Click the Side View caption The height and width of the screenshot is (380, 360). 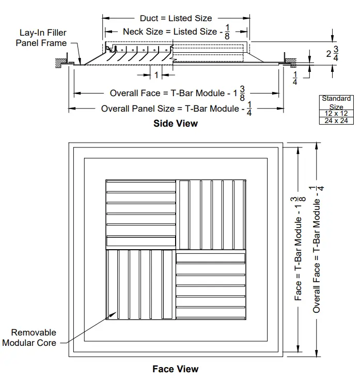175,124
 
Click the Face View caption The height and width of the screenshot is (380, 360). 175,369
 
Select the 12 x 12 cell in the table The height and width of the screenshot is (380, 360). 336,113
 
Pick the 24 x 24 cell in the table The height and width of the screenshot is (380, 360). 336,120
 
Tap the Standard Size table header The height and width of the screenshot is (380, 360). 336,102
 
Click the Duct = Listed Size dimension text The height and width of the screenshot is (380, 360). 176,18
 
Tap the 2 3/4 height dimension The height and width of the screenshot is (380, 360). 332,53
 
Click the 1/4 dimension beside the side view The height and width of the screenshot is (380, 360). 295,78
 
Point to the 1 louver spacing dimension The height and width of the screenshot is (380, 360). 156,75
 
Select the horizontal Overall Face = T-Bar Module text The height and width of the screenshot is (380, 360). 170,94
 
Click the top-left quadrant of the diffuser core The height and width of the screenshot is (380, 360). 141,214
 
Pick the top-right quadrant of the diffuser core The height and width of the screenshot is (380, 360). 211,214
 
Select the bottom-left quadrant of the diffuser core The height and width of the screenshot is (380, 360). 141,285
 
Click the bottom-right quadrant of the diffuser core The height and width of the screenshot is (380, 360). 211,285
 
